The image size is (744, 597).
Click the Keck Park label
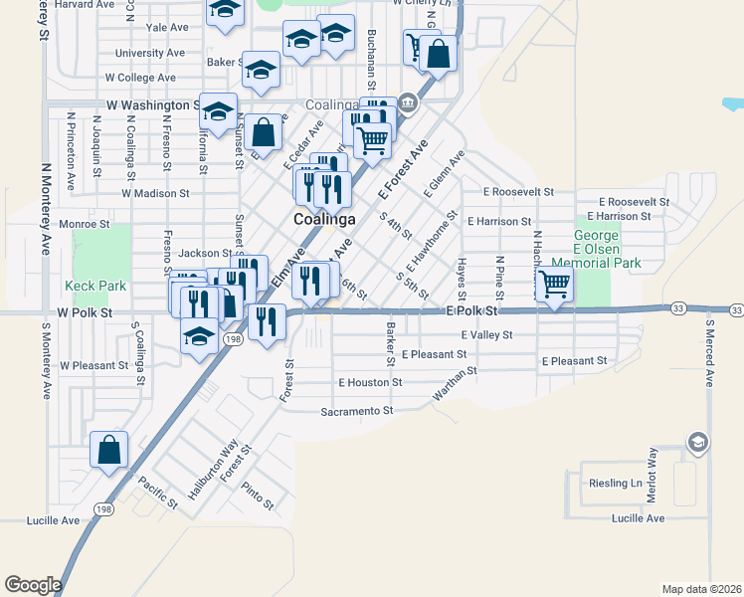95,286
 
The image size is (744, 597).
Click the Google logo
33,585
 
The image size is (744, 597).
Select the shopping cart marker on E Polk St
554,286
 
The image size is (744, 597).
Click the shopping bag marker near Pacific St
108,450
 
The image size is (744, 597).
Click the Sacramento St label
357,410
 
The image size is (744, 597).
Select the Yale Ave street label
167,28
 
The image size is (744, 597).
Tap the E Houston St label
370,382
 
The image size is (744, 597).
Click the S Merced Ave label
710,352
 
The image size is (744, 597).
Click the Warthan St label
456,385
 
